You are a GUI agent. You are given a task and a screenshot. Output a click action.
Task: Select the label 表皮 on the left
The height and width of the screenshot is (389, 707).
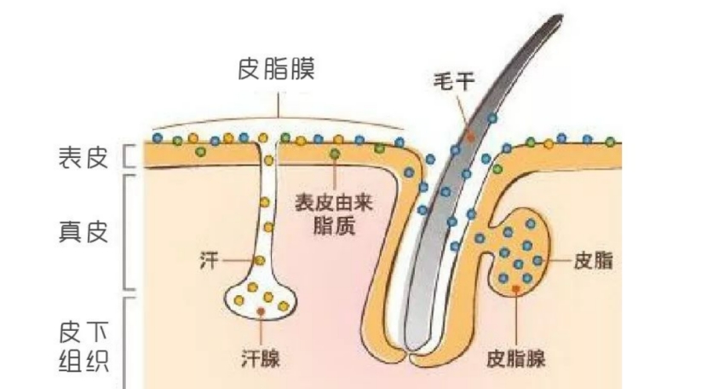pos(83,157)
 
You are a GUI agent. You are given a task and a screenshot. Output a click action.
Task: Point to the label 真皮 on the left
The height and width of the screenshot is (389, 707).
pos(83,231)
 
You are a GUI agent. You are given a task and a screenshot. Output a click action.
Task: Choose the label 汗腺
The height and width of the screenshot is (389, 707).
pos(259,358)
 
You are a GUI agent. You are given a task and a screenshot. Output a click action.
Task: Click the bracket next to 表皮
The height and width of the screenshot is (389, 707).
pos(128,156)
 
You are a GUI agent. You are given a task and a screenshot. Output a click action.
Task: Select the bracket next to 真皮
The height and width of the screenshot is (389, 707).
pos(128,231)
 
